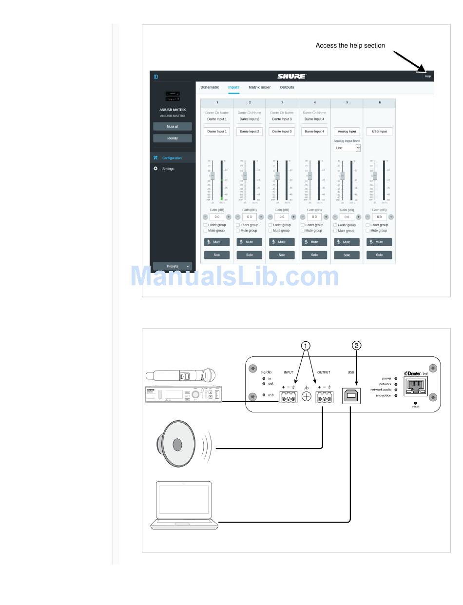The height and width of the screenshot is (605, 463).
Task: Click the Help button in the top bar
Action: [x=427, y=76]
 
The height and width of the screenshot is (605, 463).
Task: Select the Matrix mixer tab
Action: [x=259, y=87]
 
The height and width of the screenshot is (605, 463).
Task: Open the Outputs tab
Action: [x=287, y=87]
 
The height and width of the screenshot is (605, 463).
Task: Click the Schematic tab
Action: [x=210, y=87]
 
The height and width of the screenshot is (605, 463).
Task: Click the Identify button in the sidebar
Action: [x=173, y=138]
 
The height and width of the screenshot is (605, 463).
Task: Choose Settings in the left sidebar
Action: [x=168, y=169]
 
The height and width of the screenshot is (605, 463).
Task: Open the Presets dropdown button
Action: [x=173, y=266]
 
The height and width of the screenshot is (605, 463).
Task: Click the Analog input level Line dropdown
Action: [x=347, y=148]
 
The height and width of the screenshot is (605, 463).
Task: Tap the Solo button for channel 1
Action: [x=217, y=255]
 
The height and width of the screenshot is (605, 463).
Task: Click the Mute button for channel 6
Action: [x=379, y=242]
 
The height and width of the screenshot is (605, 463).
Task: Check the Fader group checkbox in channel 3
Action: [x=270, y=225]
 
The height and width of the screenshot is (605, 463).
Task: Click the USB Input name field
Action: [x=379, y=132]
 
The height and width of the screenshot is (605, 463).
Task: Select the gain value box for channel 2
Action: [x=250, y=217]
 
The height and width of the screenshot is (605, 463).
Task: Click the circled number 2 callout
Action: [x=357, y=346]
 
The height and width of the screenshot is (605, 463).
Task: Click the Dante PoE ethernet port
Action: [x=416, y=387]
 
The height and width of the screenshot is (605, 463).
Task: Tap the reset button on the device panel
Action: [x=416, y=403]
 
